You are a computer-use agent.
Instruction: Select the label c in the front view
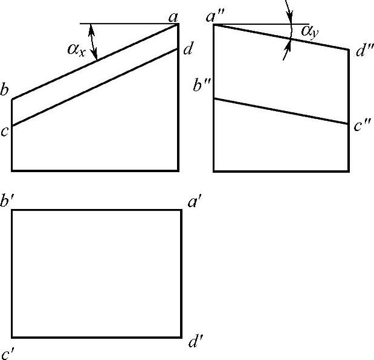[4, 131]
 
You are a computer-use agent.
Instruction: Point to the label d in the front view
[188, 50]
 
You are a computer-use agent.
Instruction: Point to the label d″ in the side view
[364, 52]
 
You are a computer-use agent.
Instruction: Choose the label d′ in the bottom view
[195, 344]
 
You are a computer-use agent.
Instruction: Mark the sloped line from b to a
[95, 62]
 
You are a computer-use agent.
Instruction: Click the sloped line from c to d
[95, 87]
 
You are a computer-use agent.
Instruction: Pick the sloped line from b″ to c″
[281, 111]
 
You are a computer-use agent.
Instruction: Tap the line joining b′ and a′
[97, 210]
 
